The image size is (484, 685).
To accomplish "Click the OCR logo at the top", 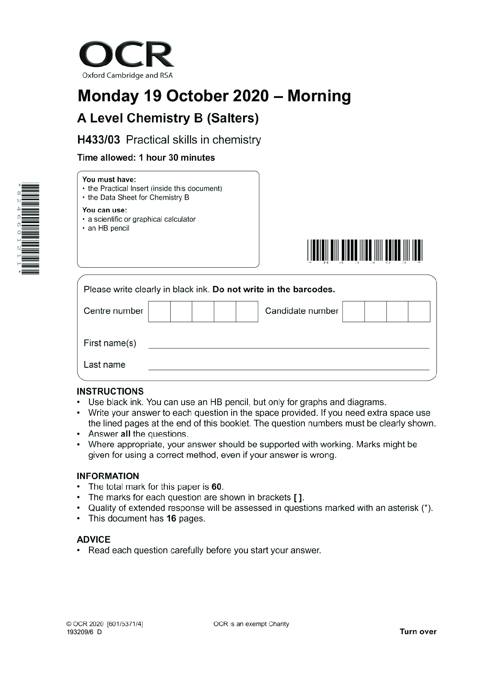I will point(126,59).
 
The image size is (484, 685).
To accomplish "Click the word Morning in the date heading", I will point(319,96).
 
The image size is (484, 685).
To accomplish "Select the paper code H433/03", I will point(99,140).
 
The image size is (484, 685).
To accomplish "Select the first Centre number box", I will point(159,312).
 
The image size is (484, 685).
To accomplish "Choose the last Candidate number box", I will point(419,312).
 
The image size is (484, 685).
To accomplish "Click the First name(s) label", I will point(110,343).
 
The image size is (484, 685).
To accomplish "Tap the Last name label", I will point(104,365).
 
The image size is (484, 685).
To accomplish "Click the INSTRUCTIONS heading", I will point(110,391).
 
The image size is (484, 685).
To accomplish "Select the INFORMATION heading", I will point(108,476).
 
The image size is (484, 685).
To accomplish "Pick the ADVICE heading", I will point(93,539).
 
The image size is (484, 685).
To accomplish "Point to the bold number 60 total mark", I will point(217,487).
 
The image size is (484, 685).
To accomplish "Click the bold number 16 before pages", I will point(171,519).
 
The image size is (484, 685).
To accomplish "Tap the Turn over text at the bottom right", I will point(418,632).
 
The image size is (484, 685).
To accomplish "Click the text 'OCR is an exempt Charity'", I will point(251,624).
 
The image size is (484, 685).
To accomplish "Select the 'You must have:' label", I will point(109,179).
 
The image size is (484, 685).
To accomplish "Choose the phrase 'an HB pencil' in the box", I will point(109,228).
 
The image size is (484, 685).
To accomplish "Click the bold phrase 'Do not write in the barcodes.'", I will point(273,290).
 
